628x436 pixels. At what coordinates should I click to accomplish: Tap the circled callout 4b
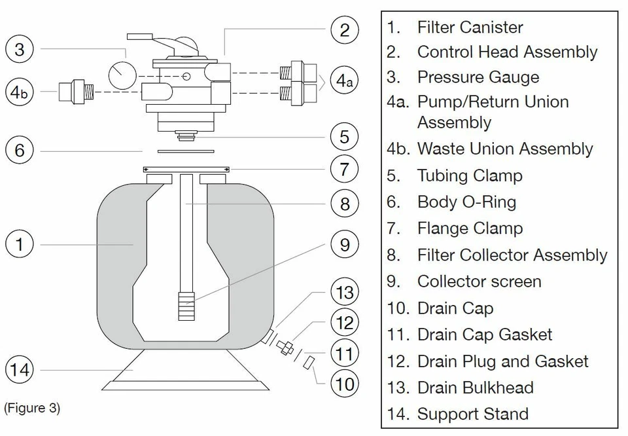20,92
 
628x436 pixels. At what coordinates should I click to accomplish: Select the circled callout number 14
20,370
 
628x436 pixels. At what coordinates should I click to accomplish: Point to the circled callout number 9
345,245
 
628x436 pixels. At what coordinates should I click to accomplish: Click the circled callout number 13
345,292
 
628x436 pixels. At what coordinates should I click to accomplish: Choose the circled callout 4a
345,81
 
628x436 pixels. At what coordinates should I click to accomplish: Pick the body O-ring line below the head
178,151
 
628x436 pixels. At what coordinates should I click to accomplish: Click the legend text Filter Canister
470,27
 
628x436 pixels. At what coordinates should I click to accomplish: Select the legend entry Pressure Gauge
478,77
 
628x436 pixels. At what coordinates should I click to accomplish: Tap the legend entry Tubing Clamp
469,175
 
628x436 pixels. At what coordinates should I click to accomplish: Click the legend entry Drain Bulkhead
475,388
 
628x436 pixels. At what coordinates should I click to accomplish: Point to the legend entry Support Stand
472,414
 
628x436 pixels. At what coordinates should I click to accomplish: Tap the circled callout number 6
20,150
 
